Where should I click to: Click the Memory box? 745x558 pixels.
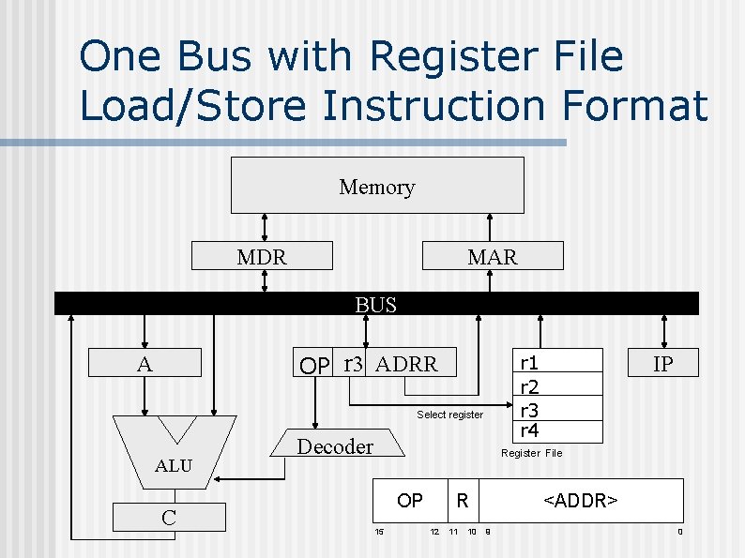point(377,186)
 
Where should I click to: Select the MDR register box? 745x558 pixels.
point(262,256)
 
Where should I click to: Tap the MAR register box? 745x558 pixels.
point(493,256)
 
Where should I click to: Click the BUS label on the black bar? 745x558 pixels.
point(375,305)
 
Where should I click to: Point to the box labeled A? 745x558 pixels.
point(144,364)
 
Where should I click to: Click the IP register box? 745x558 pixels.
point(662,363)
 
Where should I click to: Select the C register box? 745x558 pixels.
point(169,517)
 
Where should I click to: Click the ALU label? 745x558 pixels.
point(174,465)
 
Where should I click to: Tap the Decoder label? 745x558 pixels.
point(335,446)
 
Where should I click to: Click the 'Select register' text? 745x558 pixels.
point(449,415)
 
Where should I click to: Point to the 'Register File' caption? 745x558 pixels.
point(531,453)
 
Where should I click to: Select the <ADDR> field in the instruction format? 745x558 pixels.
point(581,501)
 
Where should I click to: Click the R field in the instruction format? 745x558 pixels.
point(462,501)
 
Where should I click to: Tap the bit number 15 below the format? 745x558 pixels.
point(379,533)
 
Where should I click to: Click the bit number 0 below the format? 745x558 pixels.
point(680,533)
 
